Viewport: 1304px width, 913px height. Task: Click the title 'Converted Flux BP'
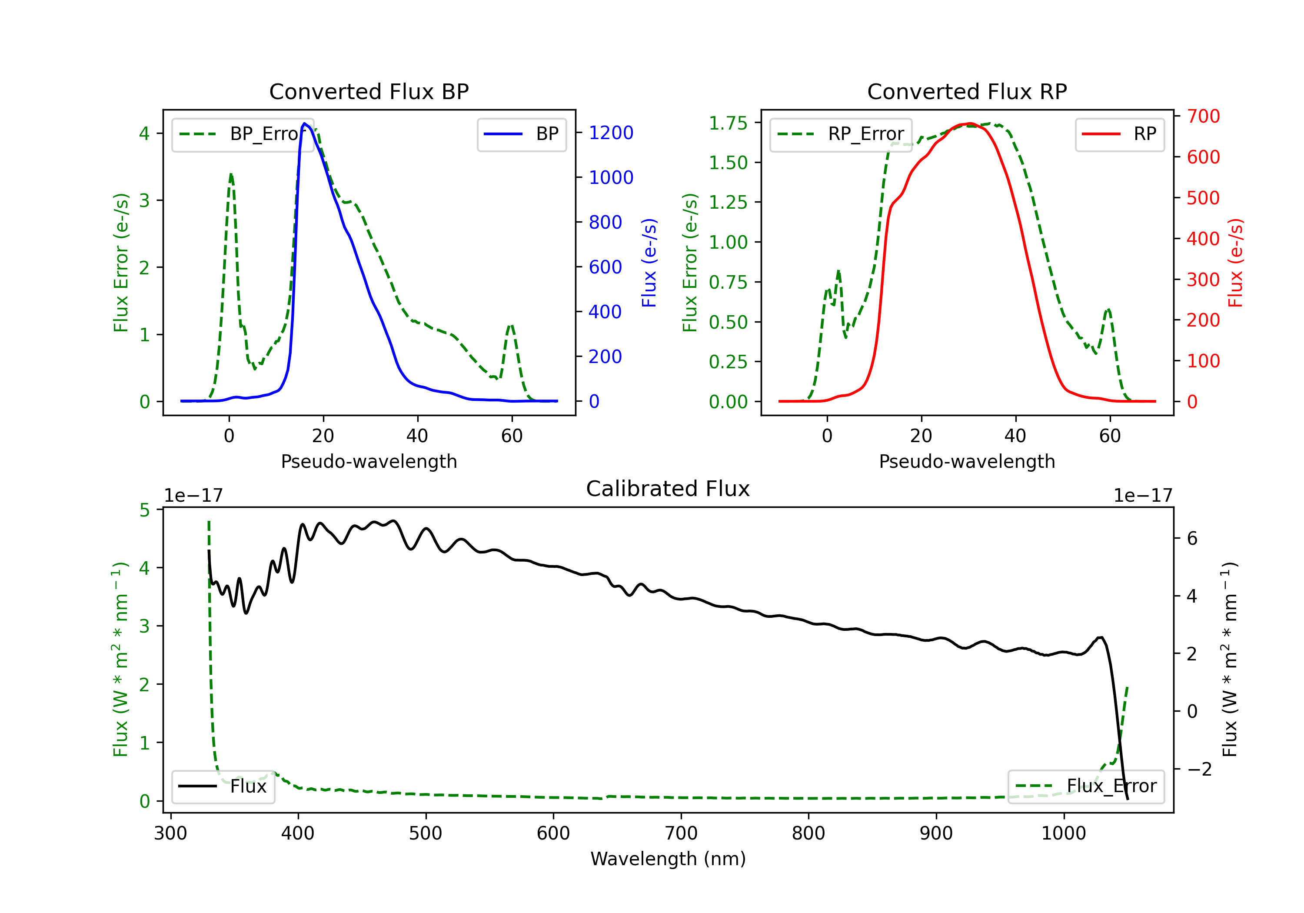(x=369, y=91)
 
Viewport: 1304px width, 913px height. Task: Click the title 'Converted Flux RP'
(x=967, y=91)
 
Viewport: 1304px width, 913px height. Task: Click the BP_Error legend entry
(x=243, y=134)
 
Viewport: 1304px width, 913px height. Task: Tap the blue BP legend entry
(x=521, y=134)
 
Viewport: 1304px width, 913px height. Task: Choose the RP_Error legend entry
(x=841, y=134)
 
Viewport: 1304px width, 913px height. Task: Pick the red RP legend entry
(x=1119, y=134)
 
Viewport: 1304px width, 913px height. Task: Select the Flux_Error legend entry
(x=1086, y=786)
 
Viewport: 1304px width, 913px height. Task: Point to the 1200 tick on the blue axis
(x=611, y=133)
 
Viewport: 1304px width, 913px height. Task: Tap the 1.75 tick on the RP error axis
(x=728, y=123)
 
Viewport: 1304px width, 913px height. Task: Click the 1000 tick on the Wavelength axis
(x=1063, y=833)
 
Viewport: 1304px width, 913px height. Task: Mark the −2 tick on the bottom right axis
(x=1200, y=769)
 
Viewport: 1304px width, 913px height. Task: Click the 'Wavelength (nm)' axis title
(x=668, y=859)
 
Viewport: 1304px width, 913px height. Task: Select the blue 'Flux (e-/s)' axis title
(x=649, y=263)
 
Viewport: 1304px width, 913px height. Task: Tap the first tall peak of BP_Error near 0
(x=230, y=174)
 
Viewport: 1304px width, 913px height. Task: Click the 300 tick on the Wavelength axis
(x=170, y=833)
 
